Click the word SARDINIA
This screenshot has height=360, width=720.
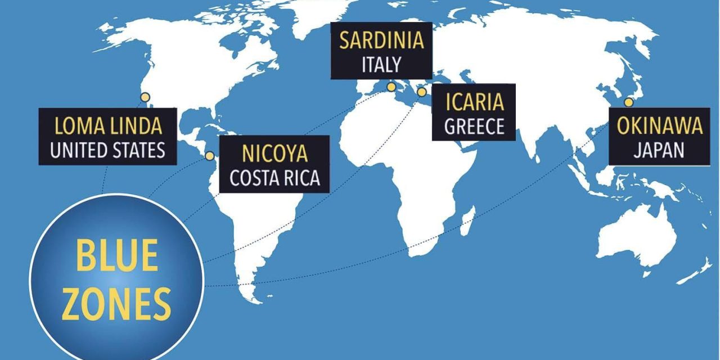pyautogui.click(x=381, y=42)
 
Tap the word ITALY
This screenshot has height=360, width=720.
pyautogui.click(x=381, y=64)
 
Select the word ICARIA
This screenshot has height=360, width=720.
pyautogui.click(x=474, y=103)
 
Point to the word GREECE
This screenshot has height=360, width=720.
pyautogui.click(x=474, y=127)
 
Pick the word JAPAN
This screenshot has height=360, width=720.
pyautogui.click(x=659, y=150)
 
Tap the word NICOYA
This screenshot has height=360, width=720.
pyautogui.click(x=274, y=154)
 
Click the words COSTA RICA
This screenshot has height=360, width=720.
pyautogui.click(x=274, y=178)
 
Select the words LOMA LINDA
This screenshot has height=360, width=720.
pyautogui.click(x=108, y=126)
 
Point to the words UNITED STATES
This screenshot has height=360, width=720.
pyautogui.click(x=108, y=150)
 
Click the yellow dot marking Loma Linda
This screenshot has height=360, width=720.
pyautogui.click(x=145, y=97)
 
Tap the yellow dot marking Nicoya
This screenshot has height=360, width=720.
pyautogui.click(x=210, y=156)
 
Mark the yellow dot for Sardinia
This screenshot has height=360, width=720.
pyautogui.click(x=391, y=87)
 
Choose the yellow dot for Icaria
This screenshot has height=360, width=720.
pyautogui.click(x=421, y=92)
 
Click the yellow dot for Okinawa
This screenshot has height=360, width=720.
pyautogui.click(x=628, y=102)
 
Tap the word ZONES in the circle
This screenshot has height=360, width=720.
pyautogui.click(x=116, y=304)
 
